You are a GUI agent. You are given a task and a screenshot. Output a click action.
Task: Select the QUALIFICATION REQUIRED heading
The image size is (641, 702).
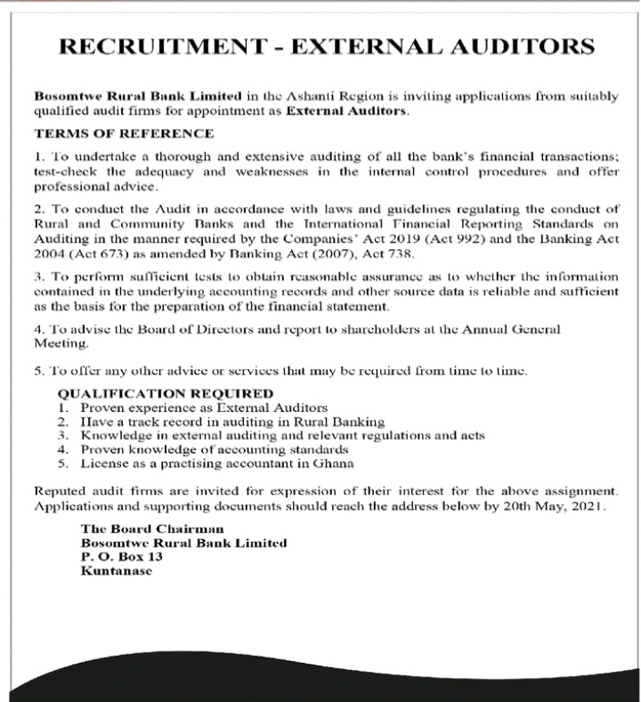tap(166, 392)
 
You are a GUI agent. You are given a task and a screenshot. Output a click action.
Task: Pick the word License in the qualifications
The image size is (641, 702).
tap(103, 463)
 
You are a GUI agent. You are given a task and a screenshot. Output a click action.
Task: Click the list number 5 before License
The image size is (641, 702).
tap(62, 463)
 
